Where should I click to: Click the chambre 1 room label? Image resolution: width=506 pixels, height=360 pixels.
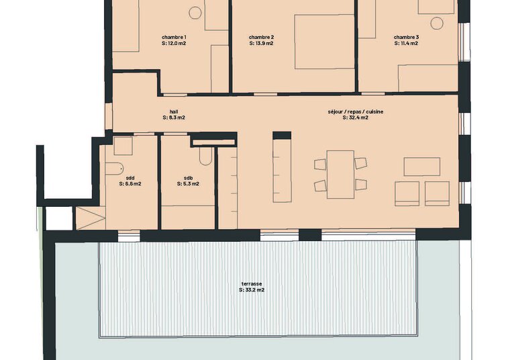pyautogui.click(x=174, y=37)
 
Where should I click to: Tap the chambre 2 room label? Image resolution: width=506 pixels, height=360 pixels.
pyautogui.click(x=262, y=37)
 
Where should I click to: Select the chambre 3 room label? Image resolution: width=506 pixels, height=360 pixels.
pyautogui.click(x=406, y=37)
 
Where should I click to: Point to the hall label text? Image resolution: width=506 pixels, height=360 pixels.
pyautogui.click(x=174, y=111)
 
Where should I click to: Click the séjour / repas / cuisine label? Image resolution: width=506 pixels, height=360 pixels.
pyautogui.click(x=356, y=111)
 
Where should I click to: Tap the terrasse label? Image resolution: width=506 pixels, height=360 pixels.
pyautogui.click(x=252, y=284)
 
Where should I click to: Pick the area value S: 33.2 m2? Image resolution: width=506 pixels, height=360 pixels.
pyautogui.click(x=252, y=290)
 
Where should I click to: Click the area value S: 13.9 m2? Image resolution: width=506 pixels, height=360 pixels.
pyautogui.click(x=262, y=43)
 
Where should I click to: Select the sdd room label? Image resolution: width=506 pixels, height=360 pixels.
pyautogui.click(x=130, y=178)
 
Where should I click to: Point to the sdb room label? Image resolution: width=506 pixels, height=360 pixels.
pyautogui.click(x=188, y=178)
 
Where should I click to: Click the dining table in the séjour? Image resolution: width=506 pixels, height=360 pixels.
pyautogui.click(x=340, y=175)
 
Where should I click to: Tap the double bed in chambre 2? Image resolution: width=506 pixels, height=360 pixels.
pyautogui.click(x=325, y=42)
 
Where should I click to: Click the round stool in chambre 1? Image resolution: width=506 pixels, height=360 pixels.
pyautogui.click(x=195, y=13)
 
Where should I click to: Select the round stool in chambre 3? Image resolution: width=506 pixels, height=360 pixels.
pyautogui.click(x=437, y=23)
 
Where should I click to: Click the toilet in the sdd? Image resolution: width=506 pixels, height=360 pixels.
pyautogui.click(x=115, y=168)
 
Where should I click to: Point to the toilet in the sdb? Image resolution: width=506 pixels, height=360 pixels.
pyautogui.click(x=205, y=156)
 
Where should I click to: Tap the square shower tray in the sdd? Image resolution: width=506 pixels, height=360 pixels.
pyautogui.click(x=123, y=146)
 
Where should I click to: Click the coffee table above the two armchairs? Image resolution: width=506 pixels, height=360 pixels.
pyautogui.click(x=422, y=167)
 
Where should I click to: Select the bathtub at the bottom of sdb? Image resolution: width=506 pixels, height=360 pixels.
pyautogui.click(x=188, y=218)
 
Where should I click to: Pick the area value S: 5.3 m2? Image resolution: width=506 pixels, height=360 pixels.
pyautogui.click(x=188, y=184)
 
